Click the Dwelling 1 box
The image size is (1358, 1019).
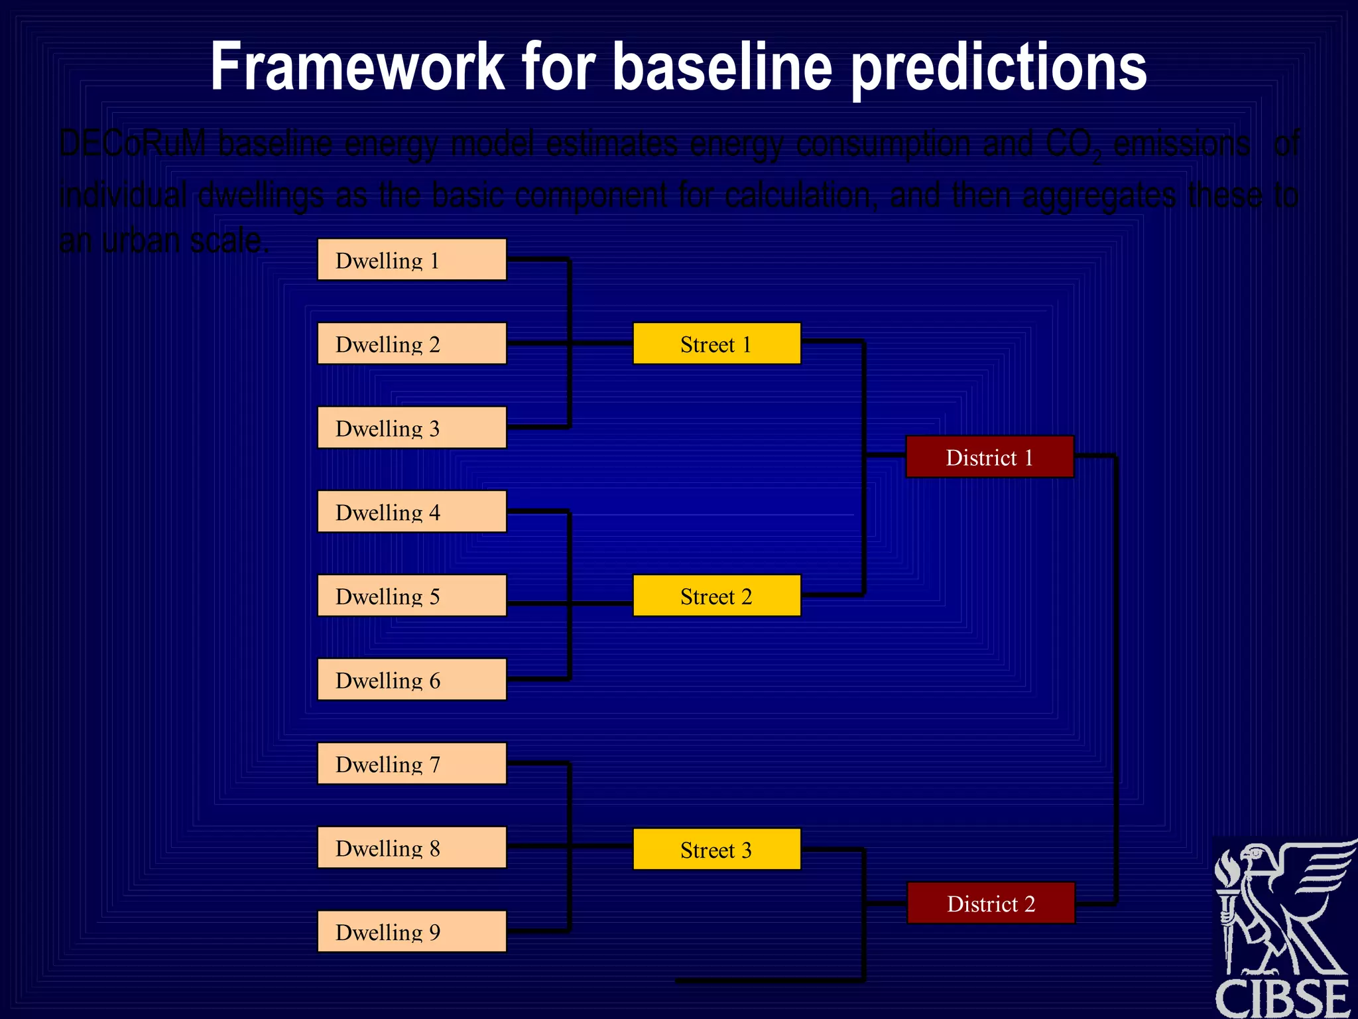(x=412, y=260)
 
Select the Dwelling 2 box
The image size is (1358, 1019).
(x=412, y=344)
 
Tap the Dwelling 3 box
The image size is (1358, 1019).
(x=412, y=428)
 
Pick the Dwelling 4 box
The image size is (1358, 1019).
(x=412, y=511)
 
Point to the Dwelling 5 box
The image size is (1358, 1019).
(x=412, y=596)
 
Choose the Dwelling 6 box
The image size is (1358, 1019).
(x=412, y=679)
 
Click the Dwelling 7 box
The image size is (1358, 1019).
(x=412, y=764)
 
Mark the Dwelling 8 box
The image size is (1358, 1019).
(x=412, y=848)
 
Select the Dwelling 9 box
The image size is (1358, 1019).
(x=412, y=931)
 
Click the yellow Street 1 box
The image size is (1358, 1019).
(x=717, y=344)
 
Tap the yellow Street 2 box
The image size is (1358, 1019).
(x=717, y=596)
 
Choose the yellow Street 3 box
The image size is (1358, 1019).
(x=717, y=849)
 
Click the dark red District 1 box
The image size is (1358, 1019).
(x=989, y=457)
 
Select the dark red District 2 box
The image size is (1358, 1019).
(x=991, y=903)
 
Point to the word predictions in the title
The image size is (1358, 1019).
(x=999, y=69)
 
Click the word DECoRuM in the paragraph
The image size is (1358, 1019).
(x=133, y=144)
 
